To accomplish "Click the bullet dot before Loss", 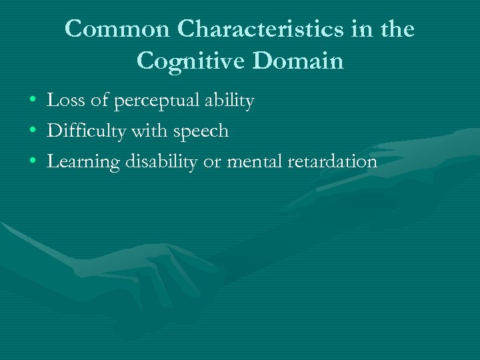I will tap(33, 102).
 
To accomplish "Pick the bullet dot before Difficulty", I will tap(33, 132).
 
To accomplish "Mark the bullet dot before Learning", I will tap(33, 162).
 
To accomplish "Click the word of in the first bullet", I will tap(97, 101).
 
